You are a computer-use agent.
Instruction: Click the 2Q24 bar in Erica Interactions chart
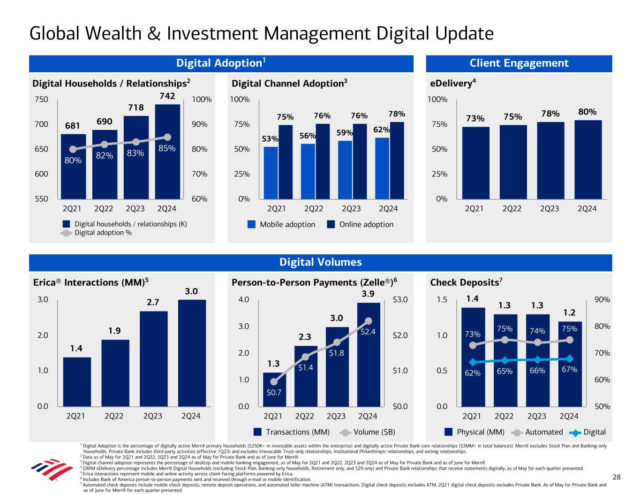coord(192,353)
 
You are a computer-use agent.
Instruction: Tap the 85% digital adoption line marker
coord(167,137)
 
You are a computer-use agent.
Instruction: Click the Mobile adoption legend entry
coord(281,224)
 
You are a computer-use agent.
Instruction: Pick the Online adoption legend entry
coord(360,224)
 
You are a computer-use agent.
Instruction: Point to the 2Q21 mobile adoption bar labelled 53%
coord(271,173)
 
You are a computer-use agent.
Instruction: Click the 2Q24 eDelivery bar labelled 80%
coord(588,160)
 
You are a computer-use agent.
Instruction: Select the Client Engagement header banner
coord(519,63)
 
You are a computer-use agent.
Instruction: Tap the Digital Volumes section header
coord(320,262)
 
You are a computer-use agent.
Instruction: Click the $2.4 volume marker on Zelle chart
coord(368,321)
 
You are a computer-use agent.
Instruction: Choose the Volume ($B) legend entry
coord(368,432)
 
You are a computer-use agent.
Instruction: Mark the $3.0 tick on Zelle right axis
coord(400,299)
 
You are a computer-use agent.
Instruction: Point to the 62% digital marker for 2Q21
coord(473,362)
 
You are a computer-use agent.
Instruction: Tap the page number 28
coord(617,477)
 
